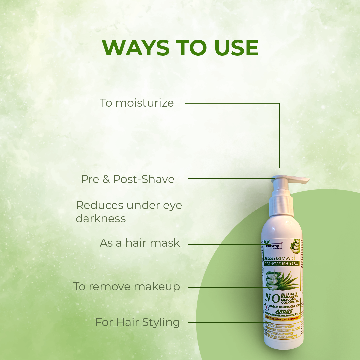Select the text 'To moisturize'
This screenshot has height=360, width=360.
click(x=137, y=103)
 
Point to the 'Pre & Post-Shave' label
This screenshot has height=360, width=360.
click(x=128, y=179)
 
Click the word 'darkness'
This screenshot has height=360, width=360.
click(x=101, y=219)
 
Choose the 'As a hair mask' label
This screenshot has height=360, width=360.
click(x=140, y=243)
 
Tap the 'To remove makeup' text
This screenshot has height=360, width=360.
click(x=127, y=287)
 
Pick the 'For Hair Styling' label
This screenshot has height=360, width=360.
click(x=137, y=322)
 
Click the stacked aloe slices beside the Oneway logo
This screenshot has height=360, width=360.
click(x=295, y=246)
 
